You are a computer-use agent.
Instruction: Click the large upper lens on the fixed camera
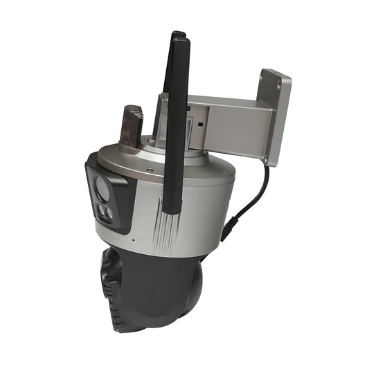coord(101,186)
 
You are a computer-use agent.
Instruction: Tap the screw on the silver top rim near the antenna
coord(148,170)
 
